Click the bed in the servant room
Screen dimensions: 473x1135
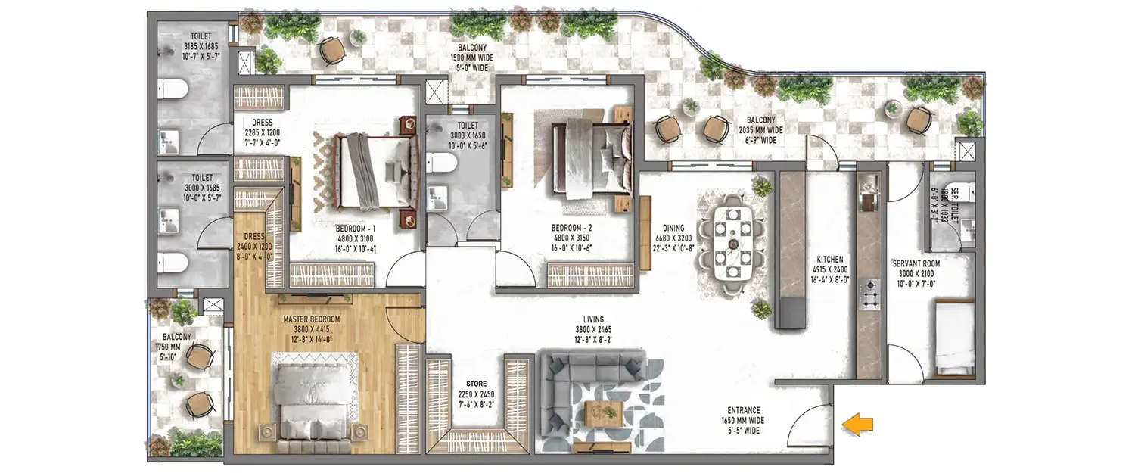[x=953, y=337]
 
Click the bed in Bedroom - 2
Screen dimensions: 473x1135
[x=593, y=159]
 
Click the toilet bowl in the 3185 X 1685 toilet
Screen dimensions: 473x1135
[x=175, y=89]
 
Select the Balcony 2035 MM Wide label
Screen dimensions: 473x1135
[x=760, y=129]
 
